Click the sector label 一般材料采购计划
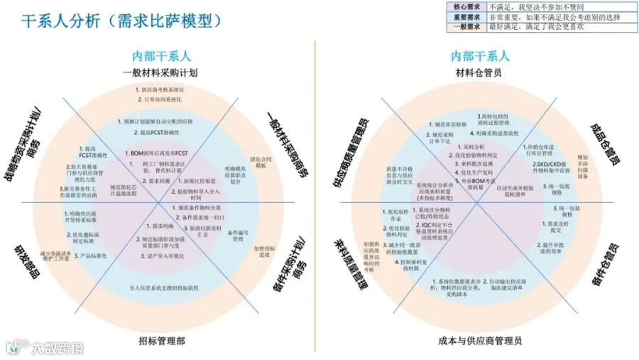pyautogui.click(x=160, y=72)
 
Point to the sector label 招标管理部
pyautogui.click(x=161, y=341)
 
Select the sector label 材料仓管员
pyautogui.click(x=479, y=72)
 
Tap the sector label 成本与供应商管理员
pyautogui.click(x=480, y=341)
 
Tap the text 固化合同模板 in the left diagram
pyautogui.click(x=261, y=161)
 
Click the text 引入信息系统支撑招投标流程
pyautogui.click(x=163, y=288)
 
